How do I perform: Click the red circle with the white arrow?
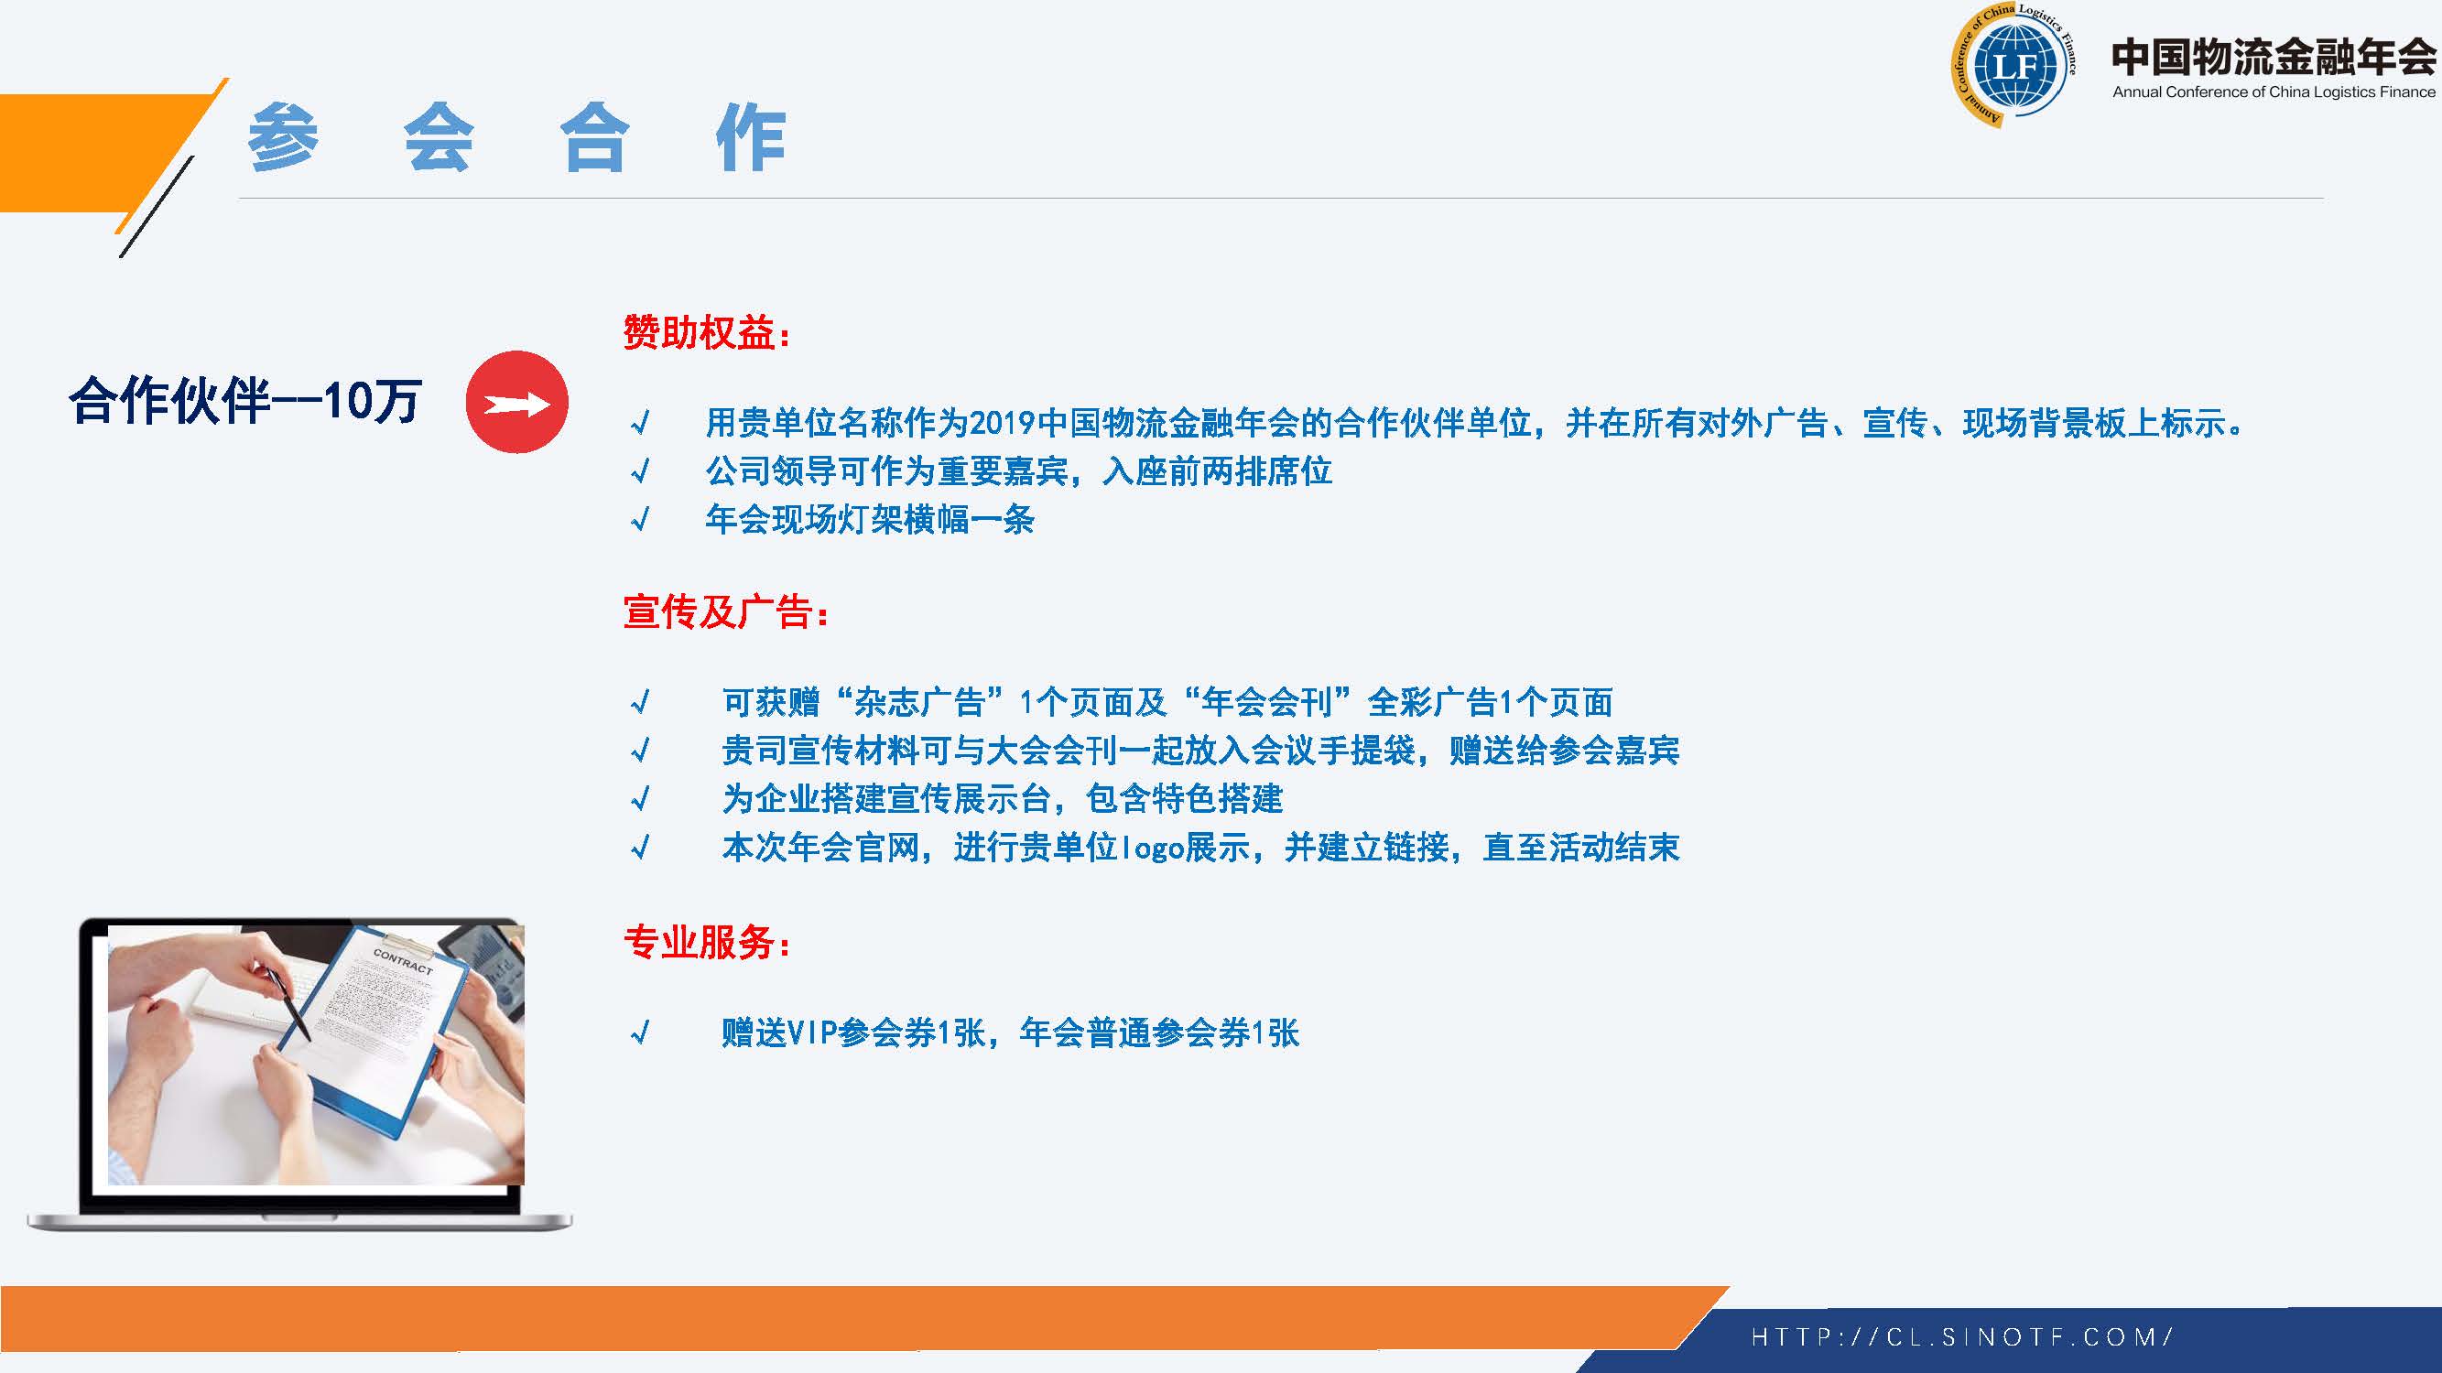[x=516, y=402]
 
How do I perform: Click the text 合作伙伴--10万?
[x=245, y=401]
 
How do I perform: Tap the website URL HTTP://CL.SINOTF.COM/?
[x=1961, y=1337]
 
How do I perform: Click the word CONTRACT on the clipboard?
[x=403, y=961]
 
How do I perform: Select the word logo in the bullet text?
[x=1152, y=847]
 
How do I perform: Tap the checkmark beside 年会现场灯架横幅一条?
[x=641, y=518]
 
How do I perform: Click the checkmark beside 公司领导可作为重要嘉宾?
[x=641, y=470]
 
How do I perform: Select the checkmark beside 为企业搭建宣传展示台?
[x=641, y=798]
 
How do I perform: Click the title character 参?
[x=284, y=137]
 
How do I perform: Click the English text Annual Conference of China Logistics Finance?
[x=2274, y=92]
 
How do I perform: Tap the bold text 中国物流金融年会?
[x=2274, y=57]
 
